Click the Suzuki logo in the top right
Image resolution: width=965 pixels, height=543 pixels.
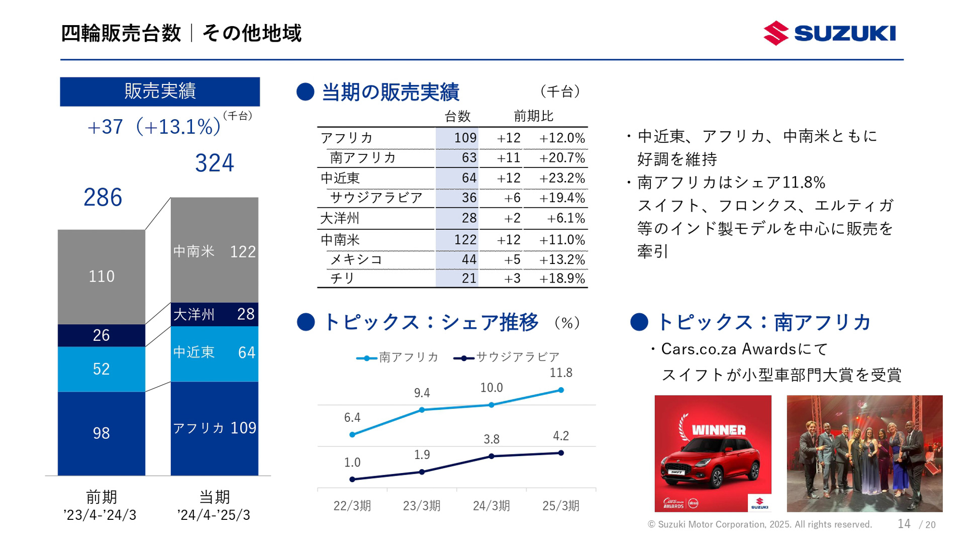coord(829,33)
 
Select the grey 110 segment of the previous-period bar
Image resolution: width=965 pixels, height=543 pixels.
coord(102,277)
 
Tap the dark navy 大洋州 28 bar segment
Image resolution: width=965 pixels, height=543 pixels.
coord(215,314)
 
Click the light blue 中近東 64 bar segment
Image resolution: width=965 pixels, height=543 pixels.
coord(215,353)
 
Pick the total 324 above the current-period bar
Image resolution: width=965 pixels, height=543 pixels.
coord(215,163)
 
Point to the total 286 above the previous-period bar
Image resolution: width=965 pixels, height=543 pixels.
coord(103,197)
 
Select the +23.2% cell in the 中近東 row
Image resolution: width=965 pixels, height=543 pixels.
coord(562,178)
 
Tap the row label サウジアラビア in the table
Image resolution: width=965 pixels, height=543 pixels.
coord(376,198)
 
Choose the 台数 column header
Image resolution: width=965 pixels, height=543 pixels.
coord(457,116)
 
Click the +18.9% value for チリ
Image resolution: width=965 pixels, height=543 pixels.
coord(562,279)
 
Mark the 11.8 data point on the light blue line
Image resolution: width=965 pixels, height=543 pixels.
coord(561,390)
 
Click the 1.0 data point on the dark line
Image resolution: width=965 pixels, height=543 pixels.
coord(352,479)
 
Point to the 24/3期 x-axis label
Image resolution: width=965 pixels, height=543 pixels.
coord(491,506)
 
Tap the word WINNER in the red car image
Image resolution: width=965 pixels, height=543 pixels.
coord(719,430)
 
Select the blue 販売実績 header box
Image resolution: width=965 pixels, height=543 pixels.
coord(160,92)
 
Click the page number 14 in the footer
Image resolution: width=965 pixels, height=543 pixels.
coord(904,524)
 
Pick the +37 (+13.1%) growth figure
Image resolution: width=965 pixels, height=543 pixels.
coord(154,127)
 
